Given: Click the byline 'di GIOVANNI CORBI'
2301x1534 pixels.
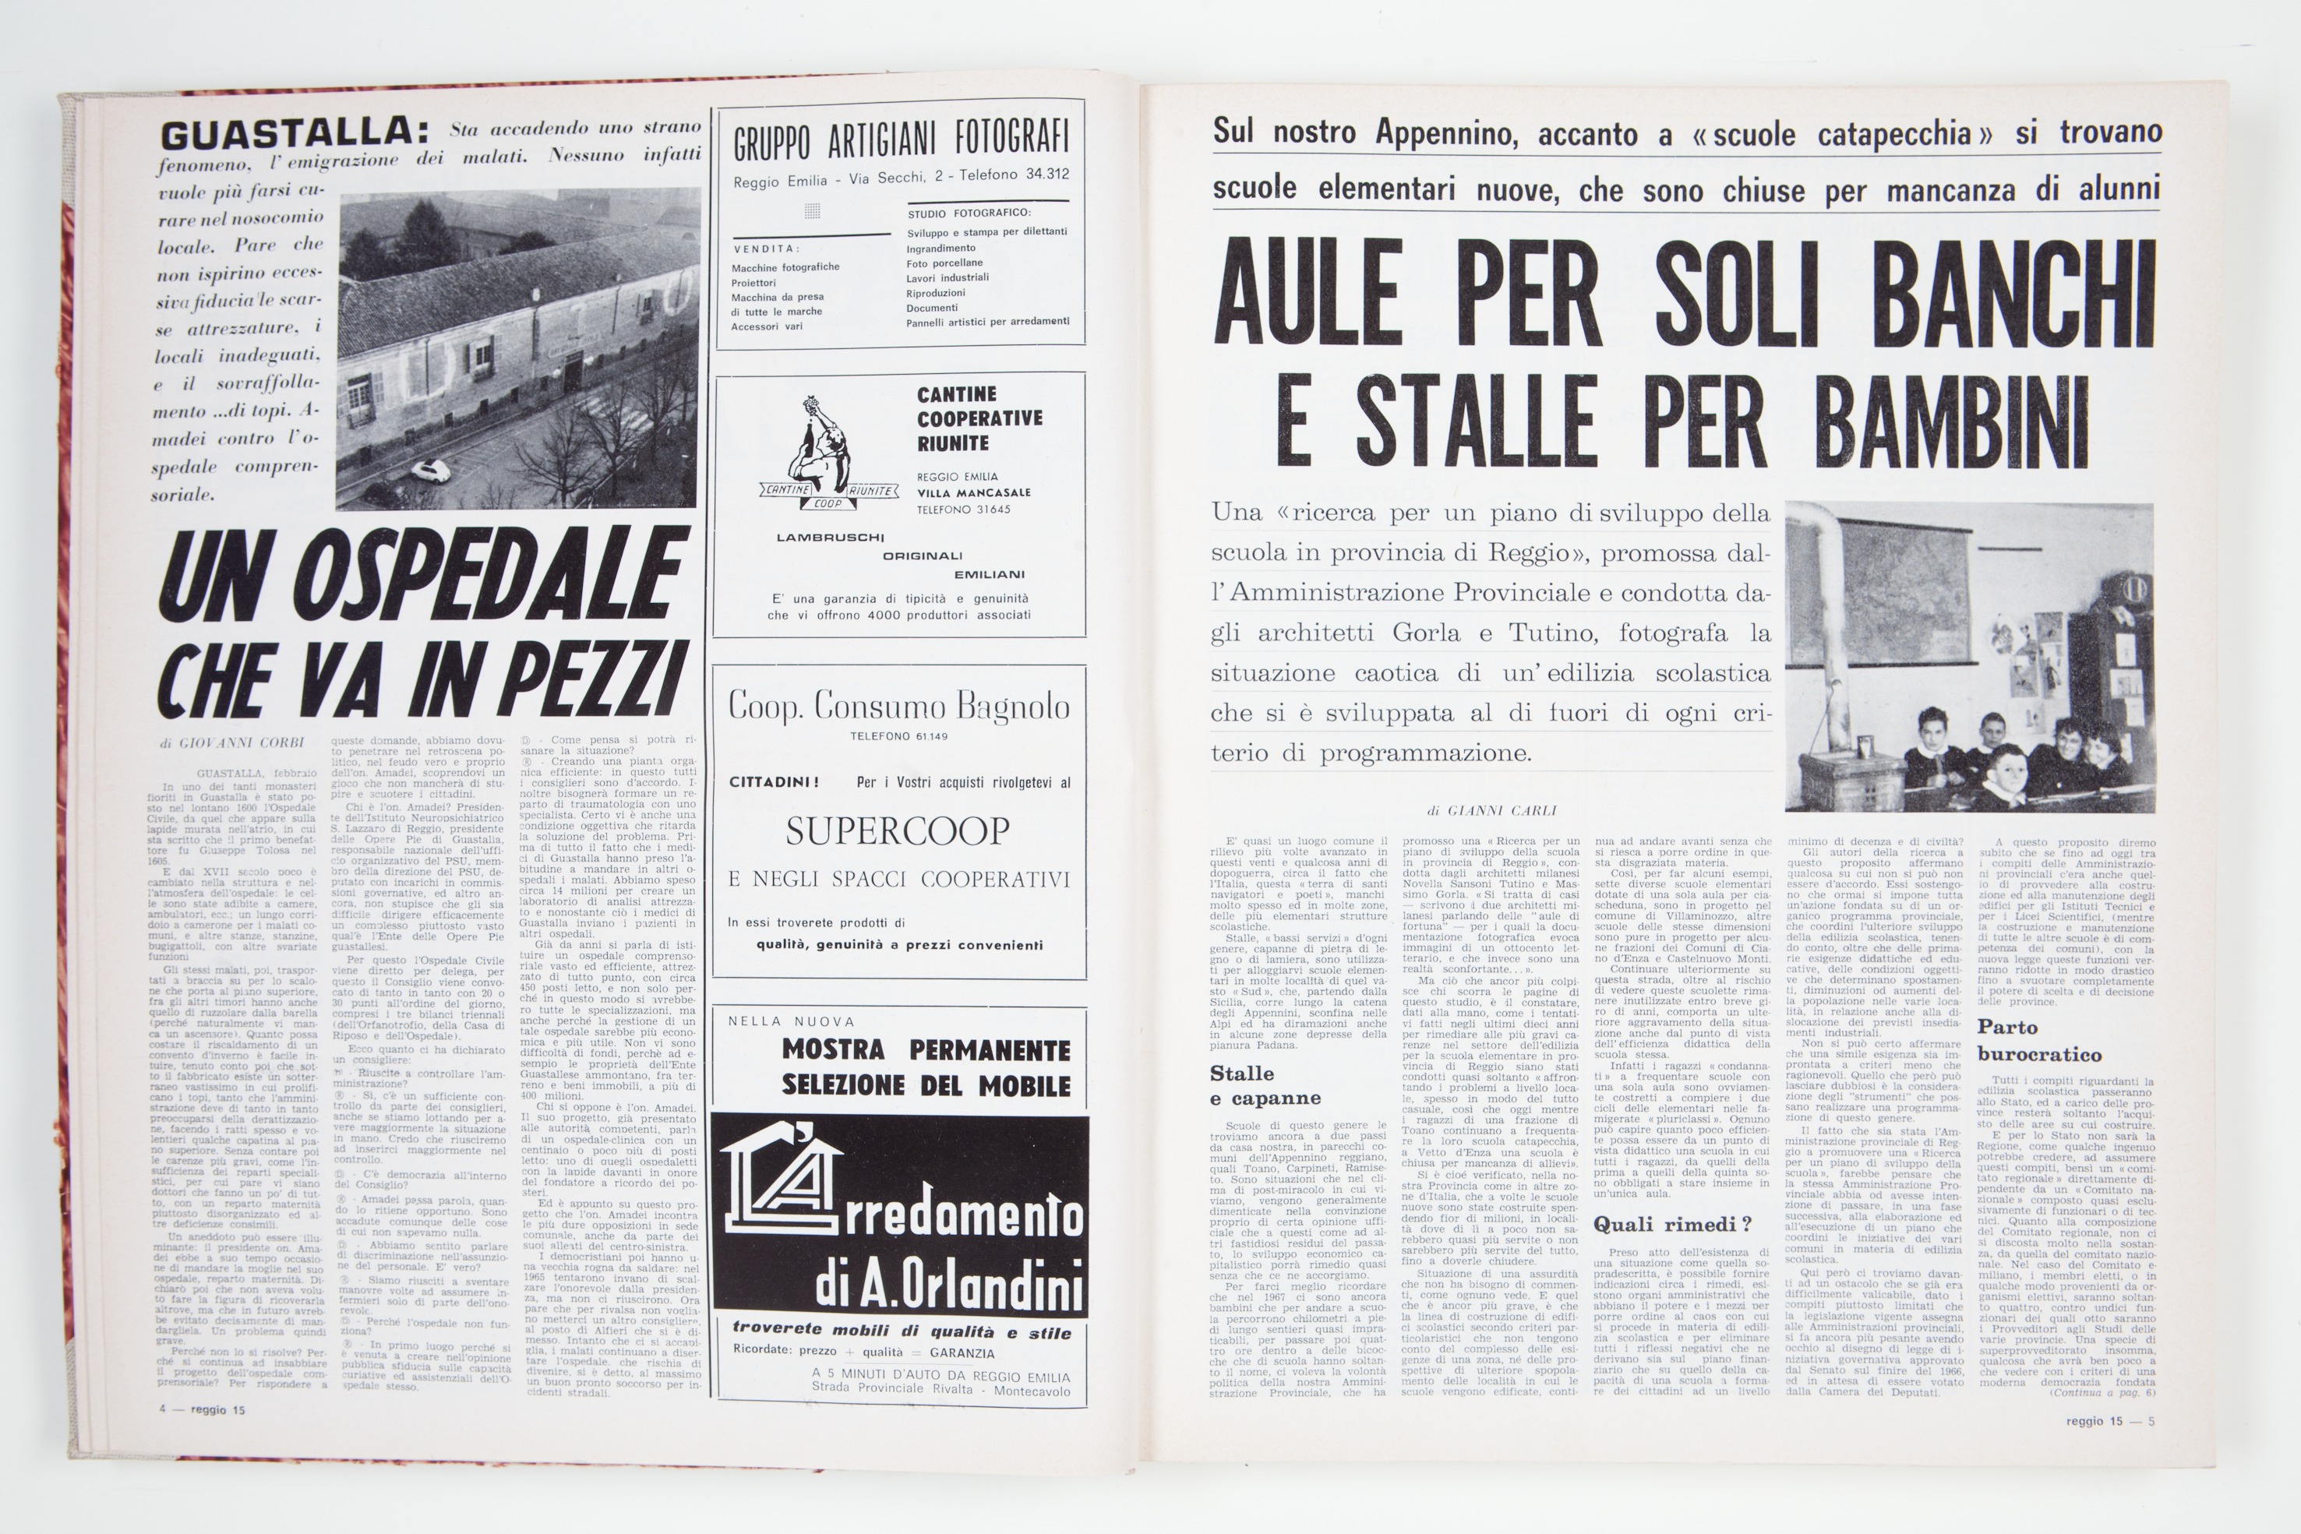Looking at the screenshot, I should (232, 743).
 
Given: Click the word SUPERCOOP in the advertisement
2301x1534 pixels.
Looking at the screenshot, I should (897, 831).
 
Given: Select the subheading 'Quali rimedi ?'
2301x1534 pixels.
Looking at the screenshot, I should (1672, 1224).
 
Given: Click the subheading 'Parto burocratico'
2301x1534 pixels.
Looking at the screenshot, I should (2039, 1041).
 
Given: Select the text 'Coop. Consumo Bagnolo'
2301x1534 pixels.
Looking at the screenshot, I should (899, 707).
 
